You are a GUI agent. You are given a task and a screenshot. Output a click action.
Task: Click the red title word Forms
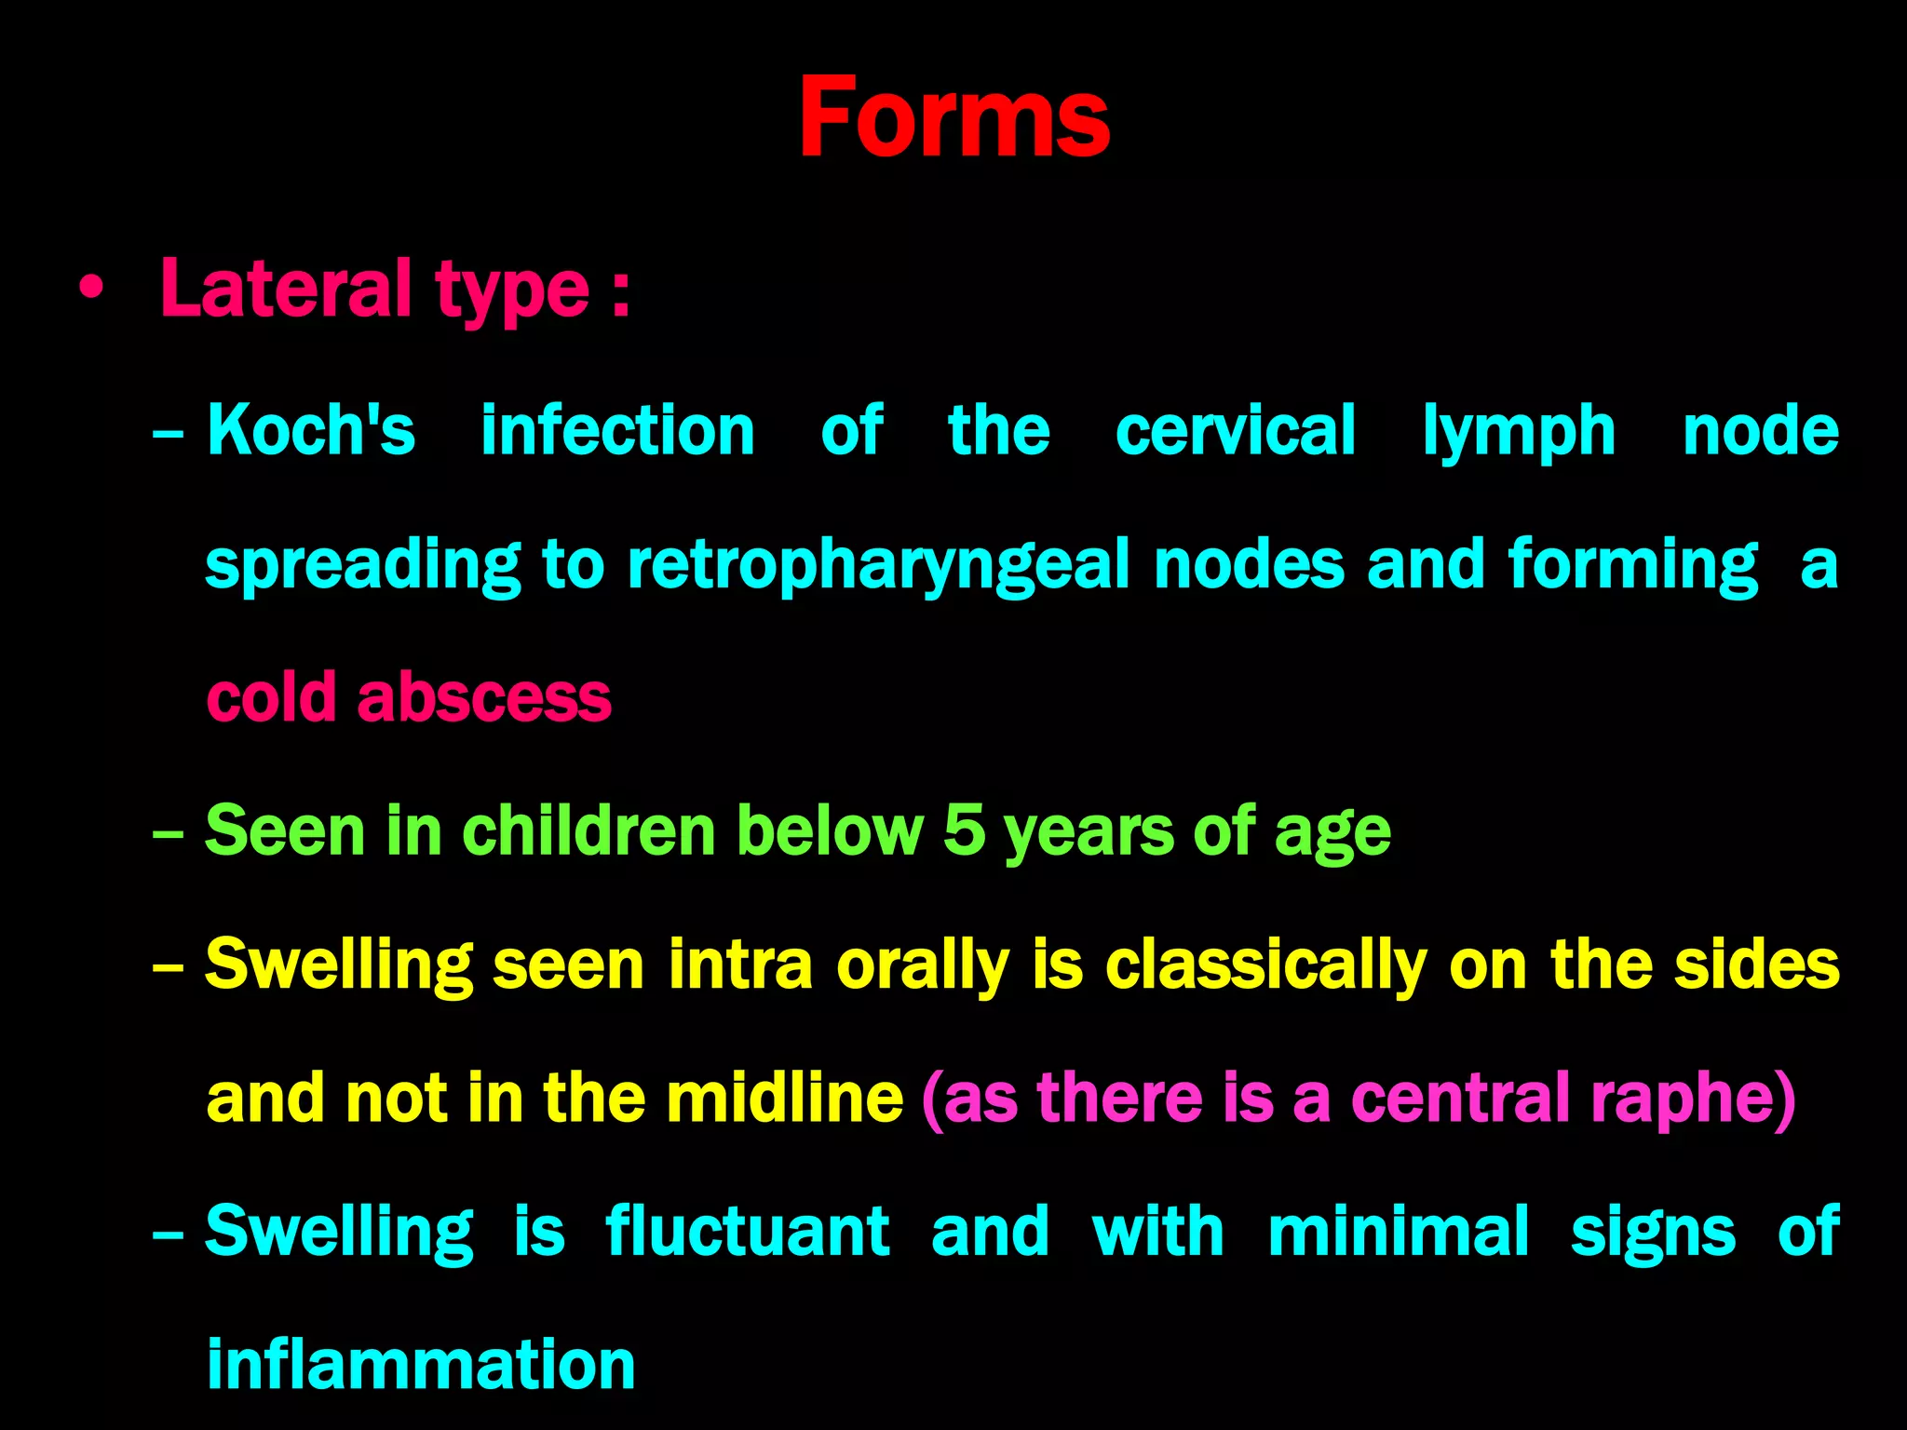[x=953, y=118]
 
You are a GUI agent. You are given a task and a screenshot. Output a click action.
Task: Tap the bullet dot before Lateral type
[x=90, y=289]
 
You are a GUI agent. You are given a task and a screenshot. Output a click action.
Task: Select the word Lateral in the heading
[x=285, y=289]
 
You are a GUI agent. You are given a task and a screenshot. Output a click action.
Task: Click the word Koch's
[x=311, y=430]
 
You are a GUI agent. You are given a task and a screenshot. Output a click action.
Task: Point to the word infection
[x=617, y=430]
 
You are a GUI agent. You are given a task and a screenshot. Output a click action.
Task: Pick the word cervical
[x=1235, y=430]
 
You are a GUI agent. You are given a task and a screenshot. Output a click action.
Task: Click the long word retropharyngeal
[x=878, y=566]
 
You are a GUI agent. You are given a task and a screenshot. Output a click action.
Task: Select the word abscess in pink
[x=484, y=697]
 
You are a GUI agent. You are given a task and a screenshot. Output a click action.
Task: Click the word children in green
[x=588, y=830]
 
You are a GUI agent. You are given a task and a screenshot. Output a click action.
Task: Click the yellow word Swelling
[x=339, y=965]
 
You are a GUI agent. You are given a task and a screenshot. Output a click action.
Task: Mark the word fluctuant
[x=748, y=1231]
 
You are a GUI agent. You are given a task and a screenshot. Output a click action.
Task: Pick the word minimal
[x=1399, y=1231]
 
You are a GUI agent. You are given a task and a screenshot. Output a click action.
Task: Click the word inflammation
[x=421, y=1364]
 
